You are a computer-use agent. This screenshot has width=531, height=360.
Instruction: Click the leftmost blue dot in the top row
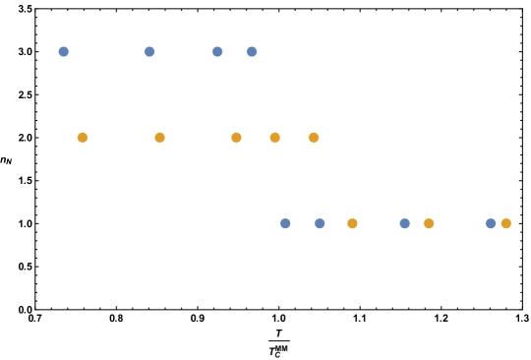[x=64, y=51]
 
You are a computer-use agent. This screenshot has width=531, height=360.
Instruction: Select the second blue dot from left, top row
[x=149, y=51]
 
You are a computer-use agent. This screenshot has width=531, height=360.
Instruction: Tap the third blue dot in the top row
[x=217, y=51]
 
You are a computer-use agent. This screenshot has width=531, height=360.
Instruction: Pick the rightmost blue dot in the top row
[x=252, y=51]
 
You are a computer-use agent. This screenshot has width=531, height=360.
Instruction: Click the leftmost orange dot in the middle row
[x=83, y=138]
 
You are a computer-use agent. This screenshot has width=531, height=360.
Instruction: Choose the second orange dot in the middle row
[x=159, y=138]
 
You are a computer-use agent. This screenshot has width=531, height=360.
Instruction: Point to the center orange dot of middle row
[x=236, y=138]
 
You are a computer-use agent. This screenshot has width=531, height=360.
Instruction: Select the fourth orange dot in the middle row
[x=274, y=138]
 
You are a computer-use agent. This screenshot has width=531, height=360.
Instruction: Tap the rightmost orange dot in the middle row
[x=314, y=138]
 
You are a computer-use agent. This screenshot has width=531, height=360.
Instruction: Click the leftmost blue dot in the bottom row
[x=285, y=223]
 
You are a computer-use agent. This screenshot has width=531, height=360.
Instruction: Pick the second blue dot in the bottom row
[x=320, y=223]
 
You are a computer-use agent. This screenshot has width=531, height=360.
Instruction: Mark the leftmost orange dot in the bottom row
[x=352, y=223]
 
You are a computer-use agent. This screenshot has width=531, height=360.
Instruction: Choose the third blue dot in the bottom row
[x=404, y=223]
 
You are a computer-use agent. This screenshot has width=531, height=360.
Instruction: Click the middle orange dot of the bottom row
[x=429, y=223]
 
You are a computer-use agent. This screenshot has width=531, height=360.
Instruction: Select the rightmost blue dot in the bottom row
[x=491, y=223]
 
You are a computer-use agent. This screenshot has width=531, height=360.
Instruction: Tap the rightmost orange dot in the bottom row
[x=505, y=223]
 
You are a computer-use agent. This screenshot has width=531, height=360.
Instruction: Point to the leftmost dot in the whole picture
[x=64, y=51]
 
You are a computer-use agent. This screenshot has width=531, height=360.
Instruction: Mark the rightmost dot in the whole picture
[x=505, y=223]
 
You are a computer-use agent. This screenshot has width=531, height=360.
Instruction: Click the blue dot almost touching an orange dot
[x=491, y=223]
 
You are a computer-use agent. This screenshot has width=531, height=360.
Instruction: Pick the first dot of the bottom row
[x=285, y=223]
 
